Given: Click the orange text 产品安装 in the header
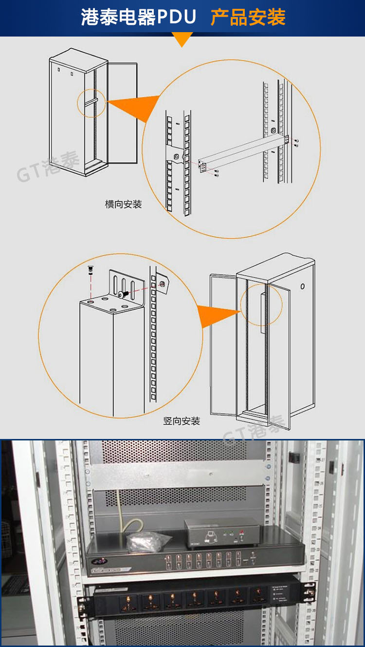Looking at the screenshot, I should [x=248, y=17].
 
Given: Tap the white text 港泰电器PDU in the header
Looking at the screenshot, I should [x=139, y=17].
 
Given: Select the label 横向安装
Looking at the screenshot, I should [x=123, y=204].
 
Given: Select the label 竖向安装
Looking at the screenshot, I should [x=182, y=421].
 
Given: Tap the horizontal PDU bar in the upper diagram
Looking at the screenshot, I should [x=243, y=152].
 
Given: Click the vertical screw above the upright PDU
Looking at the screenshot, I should [x=90, y=270].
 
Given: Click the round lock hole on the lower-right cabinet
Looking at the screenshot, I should [x=302, y=286].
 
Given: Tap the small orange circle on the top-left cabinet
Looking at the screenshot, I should [x=91, y=102].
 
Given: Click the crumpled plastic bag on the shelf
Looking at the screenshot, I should [x=148, y=541].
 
